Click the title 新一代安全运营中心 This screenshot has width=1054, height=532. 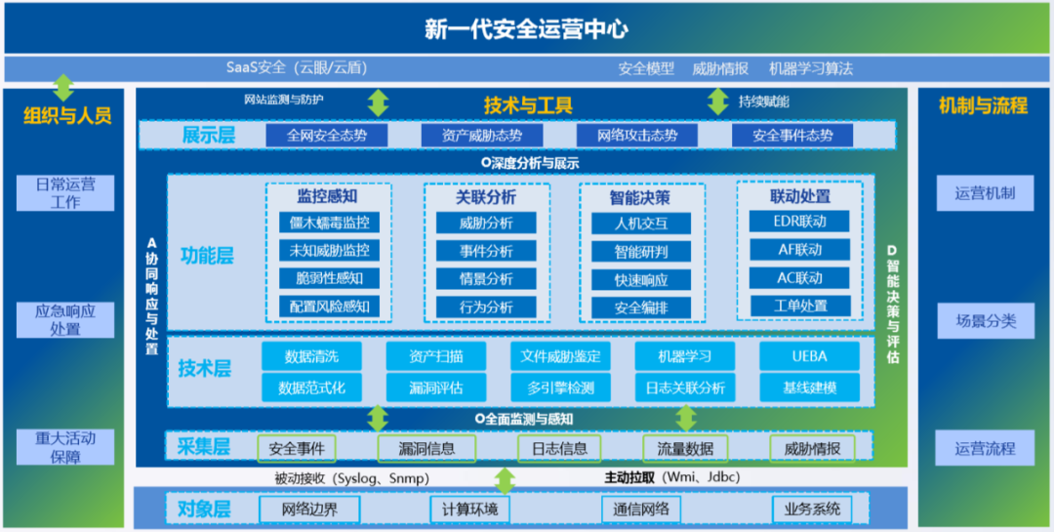point(526,29)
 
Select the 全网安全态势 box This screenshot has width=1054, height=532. point(327,136)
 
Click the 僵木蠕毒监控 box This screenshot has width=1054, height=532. point(329,224)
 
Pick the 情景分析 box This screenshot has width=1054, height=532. point(486,279)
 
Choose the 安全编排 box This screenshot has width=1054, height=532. point(641,307)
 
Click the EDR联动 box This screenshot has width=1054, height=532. point(798,222)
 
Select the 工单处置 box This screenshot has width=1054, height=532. point(799,306)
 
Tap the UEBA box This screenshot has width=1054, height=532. point(809,356)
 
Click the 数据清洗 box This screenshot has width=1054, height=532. point(311,356)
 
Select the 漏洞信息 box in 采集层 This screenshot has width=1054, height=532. point(426,448)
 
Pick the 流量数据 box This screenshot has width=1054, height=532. point(685,448)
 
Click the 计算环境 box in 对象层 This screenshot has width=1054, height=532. point(469,509)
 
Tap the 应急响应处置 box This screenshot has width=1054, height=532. point(65,320)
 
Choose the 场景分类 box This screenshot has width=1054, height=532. point(985,320)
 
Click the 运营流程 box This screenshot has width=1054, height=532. point(985,449)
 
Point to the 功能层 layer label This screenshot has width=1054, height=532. point(207,257)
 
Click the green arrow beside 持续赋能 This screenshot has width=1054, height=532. point(718,102)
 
